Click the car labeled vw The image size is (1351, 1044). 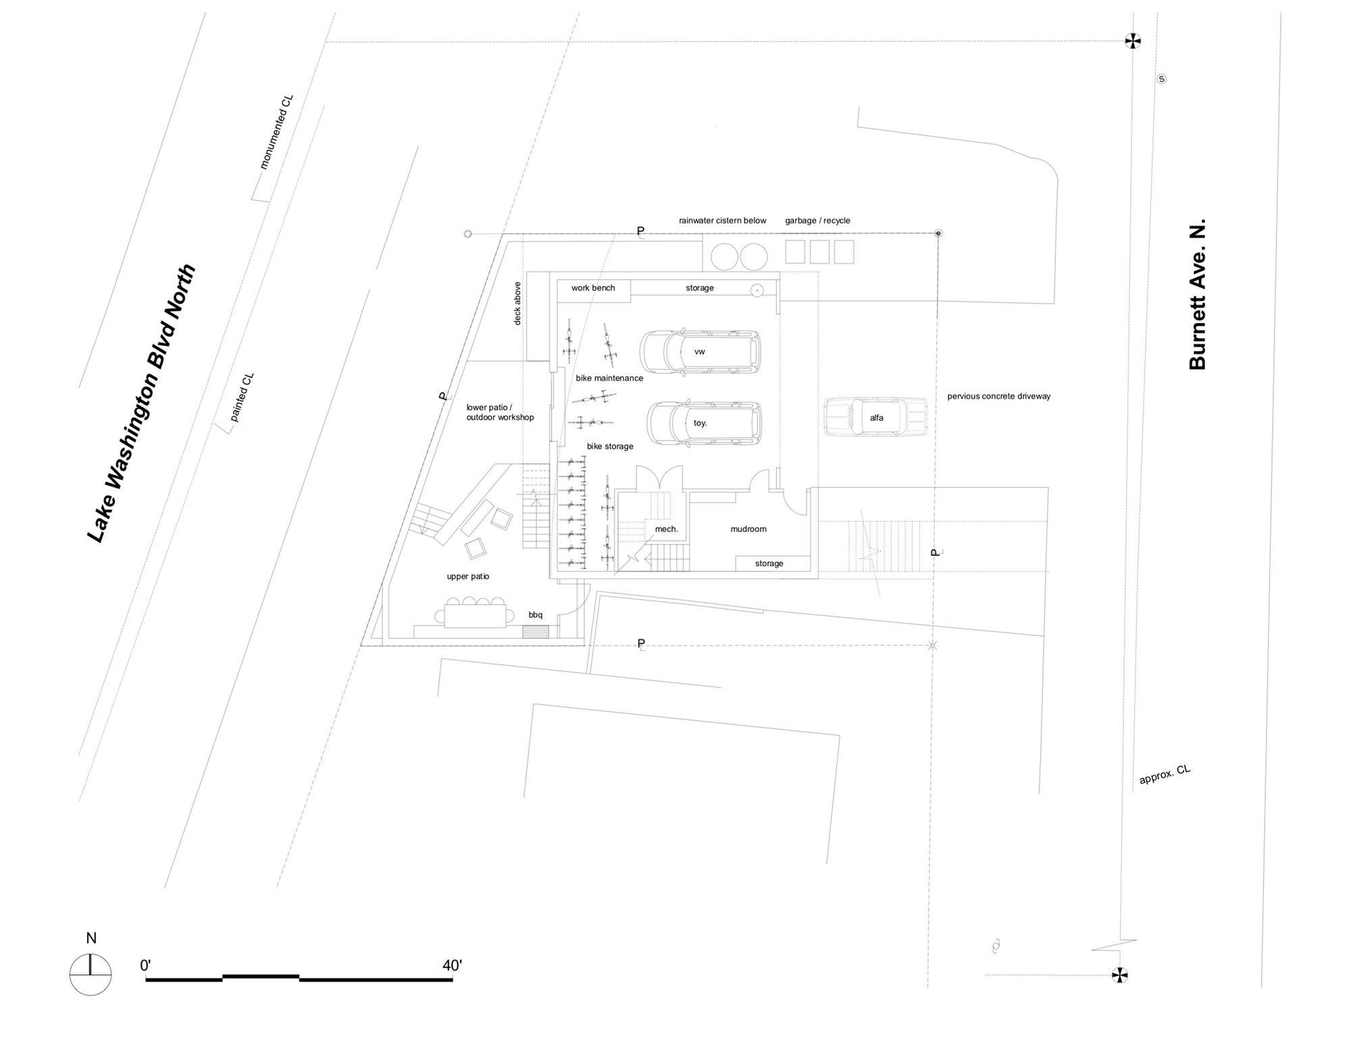(x=700, y=351)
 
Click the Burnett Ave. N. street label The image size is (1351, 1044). (x=1197, y=295)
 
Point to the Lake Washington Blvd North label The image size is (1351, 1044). (x=142, y=403)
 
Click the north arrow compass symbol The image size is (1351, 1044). (x=91, y=974)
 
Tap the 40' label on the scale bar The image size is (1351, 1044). (x=452, y=966)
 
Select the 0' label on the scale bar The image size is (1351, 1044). (x=145, y=966)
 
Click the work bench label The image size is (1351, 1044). (x=593, y=288)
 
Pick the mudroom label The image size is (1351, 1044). (x=748, y=529)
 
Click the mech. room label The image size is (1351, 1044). (x=666, y=529)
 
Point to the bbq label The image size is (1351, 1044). (x=536, y=615)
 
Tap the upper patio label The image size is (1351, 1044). (x=467, y=576)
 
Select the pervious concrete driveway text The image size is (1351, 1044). (x=998, y=397)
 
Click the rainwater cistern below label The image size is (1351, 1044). (x=723, y=221)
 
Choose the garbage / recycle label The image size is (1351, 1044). (x=817, y=221)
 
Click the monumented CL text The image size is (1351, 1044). (x=276, y=132)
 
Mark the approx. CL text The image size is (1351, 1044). (x=1165, y=774)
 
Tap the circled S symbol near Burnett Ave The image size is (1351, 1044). (x=1162, y=79)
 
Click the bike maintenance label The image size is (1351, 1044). (x=609, y=378)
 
